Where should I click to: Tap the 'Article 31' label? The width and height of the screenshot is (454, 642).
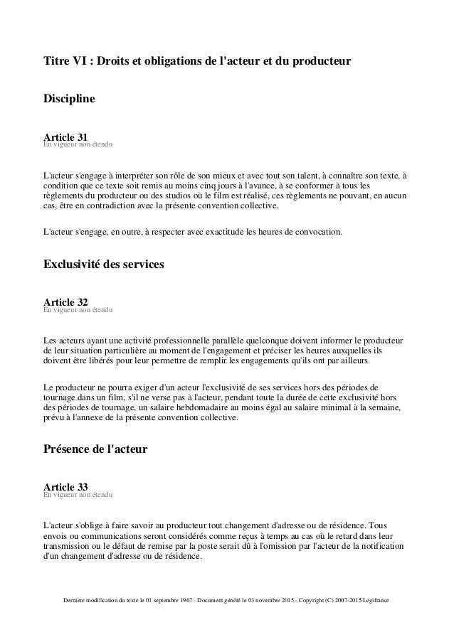[65, 137]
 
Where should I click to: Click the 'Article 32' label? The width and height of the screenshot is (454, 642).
[65, 303]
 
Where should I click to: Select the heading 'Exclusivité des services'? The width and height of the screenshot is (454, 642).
[104, 265]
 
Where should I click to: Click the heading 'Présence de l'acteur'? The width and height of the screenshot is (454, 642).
[95, 449]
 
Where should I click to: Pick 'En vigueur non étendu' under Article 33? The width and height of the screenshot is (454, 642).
[77, 496]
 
